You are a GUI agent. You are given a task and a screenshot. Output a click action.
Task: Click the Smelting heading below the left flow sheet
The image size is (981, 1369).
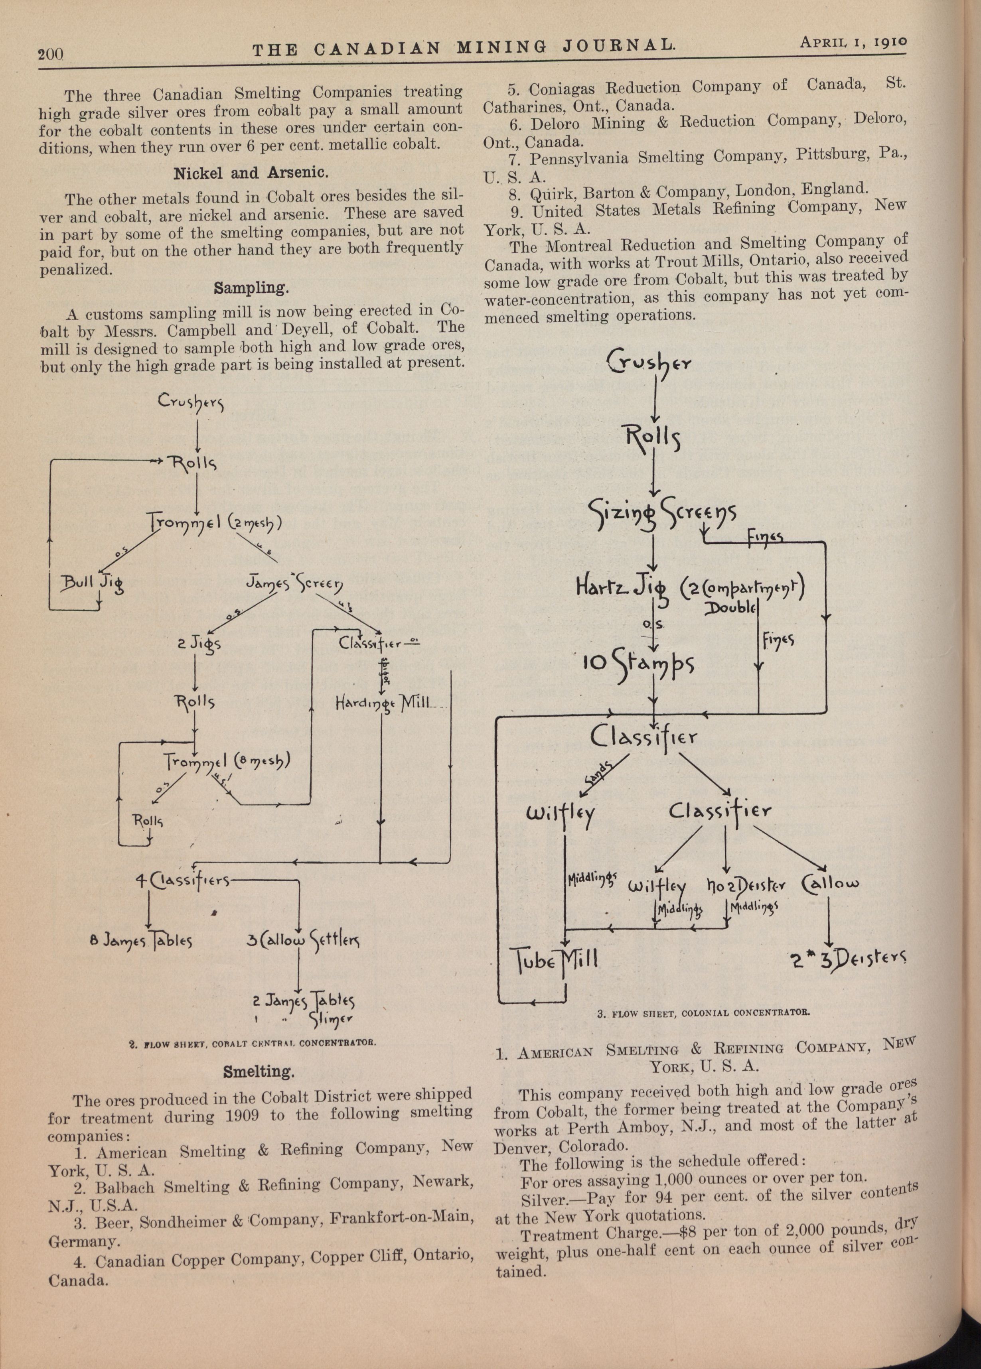[x=259, y=1072]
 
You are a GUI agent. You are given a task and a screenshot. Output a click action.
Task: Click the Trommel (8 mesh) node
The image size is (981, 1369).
[x=227, y=762]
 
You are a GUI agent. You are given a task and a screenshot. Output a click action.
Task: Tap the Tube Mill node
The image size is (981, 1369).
[x=555, y=958]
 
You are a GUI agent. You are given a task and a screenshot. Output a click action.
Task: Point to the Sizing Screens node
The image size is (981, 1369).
[x=662, y=514]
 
